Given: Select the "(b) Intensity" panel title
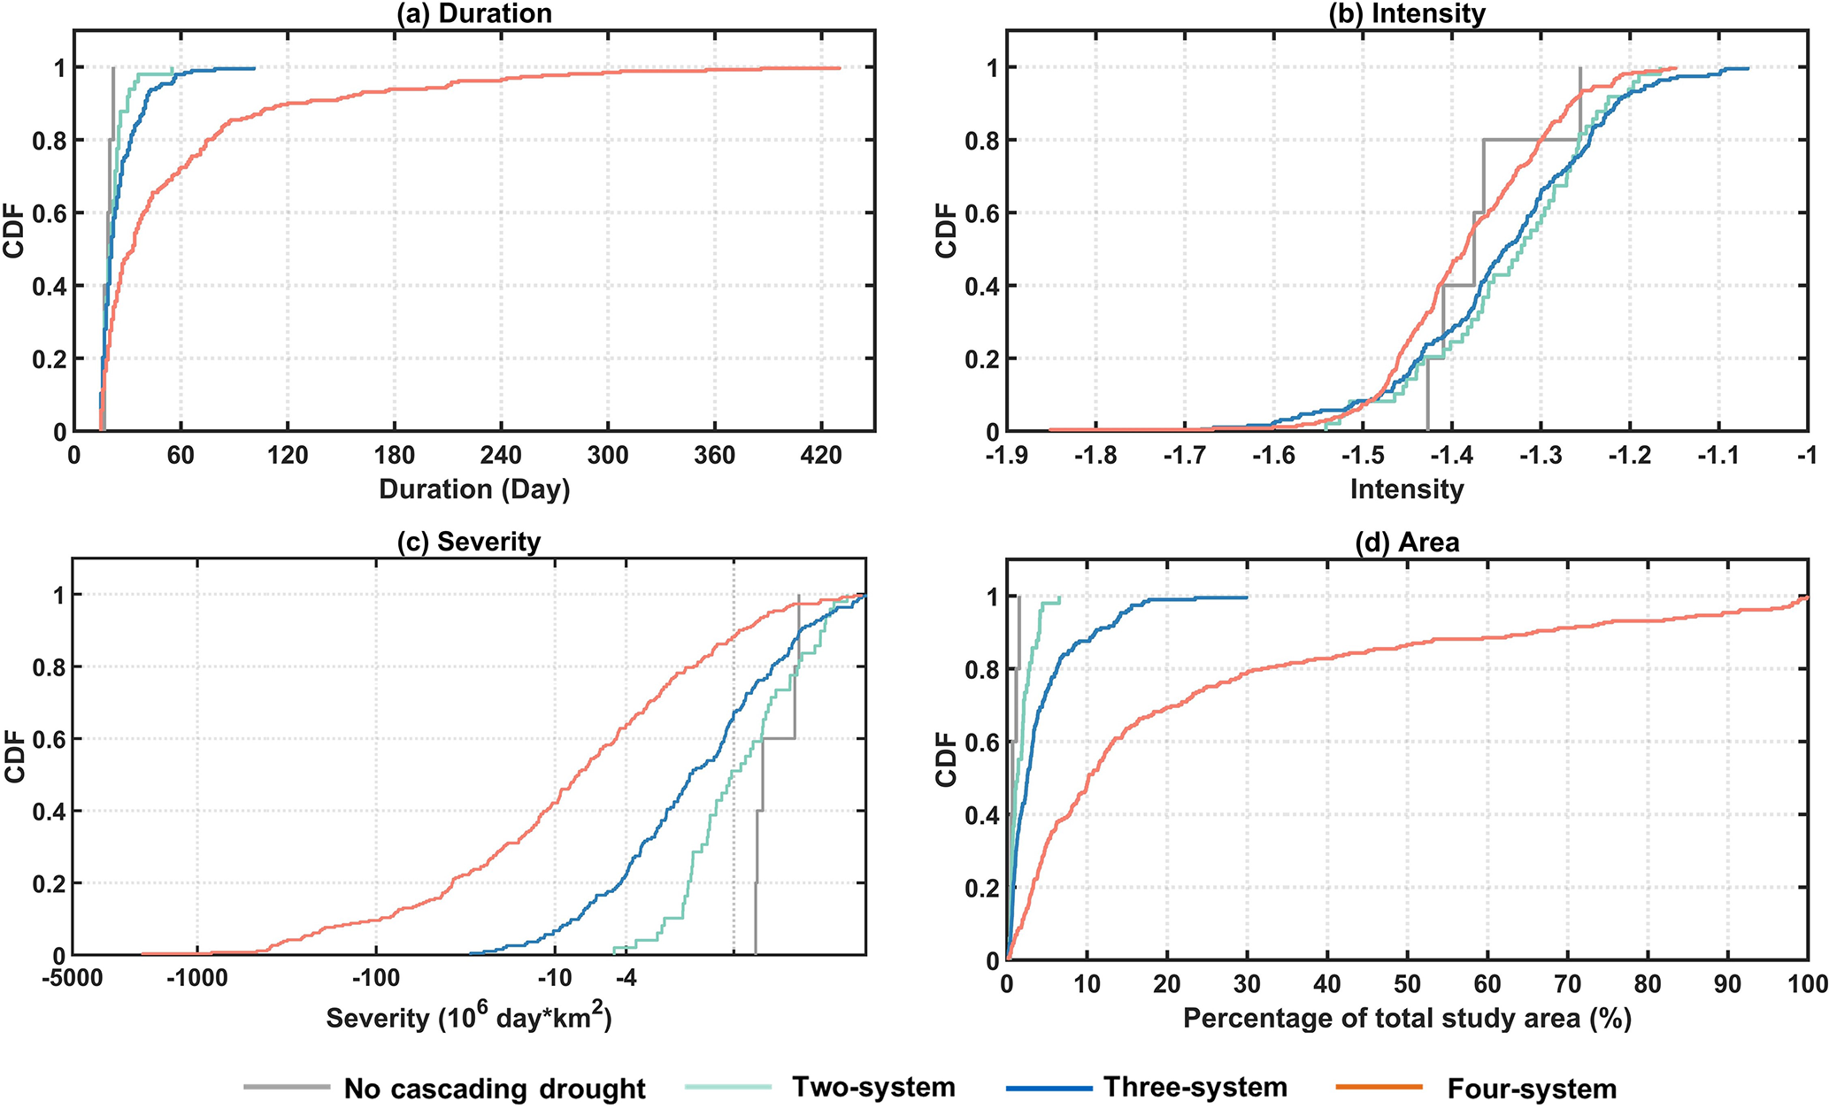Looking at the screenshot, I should [1407, 14].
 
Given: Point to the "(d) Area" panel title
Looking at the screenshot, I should [1407, 542].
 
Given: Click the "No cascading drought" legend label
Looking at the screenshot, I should [495, 1088].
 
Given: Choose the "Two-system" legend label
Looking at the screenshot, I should [873, 1087].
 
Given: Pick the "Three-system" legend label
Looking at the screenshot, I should [1195, 1087].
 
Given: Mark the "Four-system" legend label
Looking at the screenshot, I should [1532, 1088].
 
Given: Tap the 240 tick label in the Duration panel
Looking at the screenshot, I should [501, 456].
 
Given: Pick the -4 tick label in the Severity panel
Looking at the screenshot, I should [626, 979].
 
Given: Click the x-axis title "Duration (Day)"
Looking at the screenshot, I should [474, 489].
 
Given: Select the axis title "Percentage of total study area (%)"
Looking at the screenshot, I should [1407, 1019].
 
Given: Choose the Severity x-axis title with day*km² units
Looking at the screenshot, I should [469, 1017].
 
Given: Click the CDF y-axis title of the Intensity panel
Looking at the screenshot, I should [947, 231].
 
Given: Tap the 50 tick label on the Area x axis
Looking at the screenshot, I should [1407, 984].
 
